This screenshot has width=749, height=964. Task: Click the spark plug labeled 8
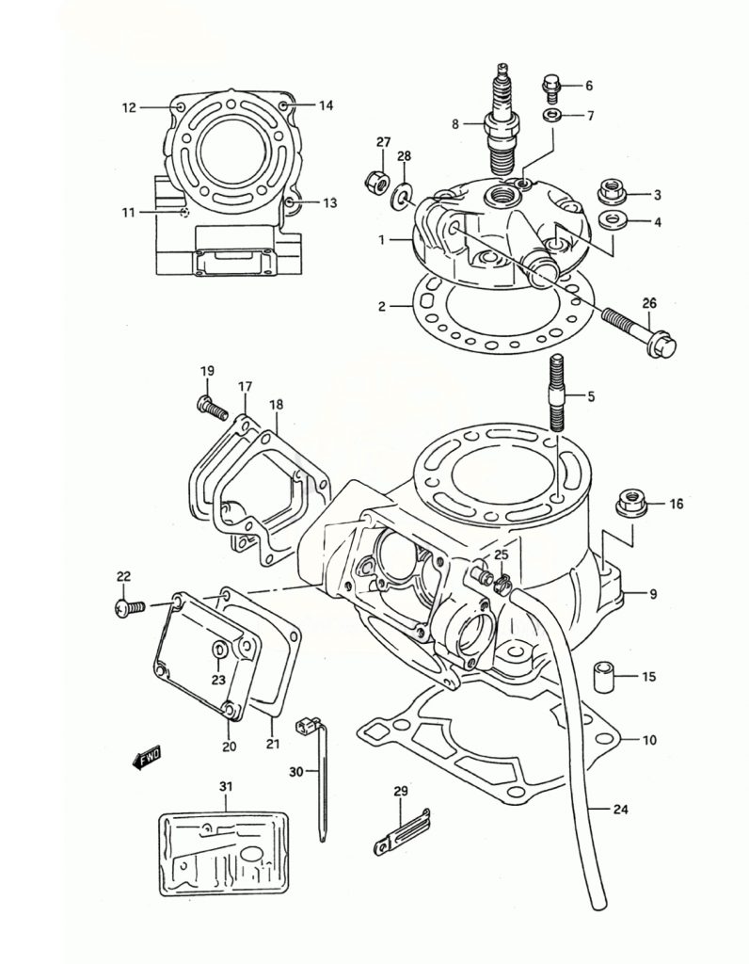pyautogui.click(x=502, y=118)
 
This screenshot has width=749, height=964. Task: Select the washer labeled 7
pyautogui.click(x=552, y=117)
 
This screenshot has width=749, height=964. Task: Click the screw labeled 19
pyautogui.click(x=210, y=409)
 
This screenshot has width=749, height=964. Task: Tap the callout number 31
pyautogui.click(x=225, y=786)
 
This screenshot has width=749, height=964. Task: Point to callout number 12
pyautogui.click(x=129, y=107)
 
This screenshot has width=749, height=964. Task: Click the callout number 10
pyautogui.click(x=648, y=739)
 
